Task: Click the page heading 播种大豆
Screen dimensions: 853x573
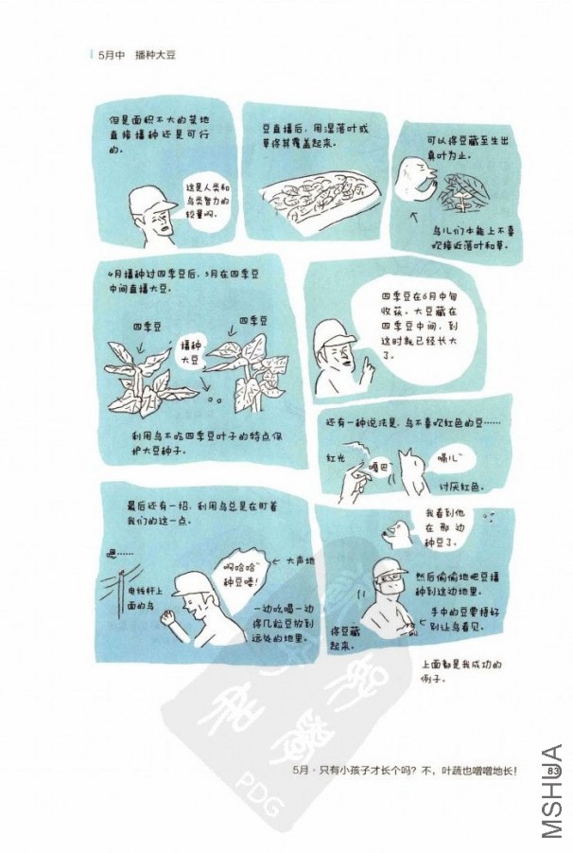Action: (x=155, y=55)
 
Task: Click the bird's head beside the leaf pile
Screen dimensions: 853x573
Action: (x=413, y=174)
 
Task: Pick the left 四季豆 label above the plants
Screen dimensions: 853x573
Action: (x=147, y=326)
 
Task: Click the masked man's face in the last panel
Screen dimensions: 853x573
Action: (x=389, y=578)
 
